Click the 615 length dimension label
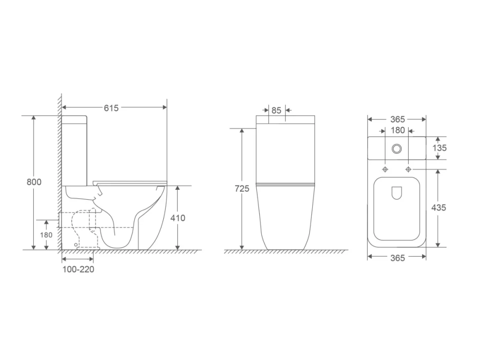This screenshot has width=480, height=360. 111,108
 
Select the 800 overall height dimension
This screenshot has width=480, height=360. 34,182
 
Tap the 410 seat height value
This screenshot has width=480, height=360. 178,218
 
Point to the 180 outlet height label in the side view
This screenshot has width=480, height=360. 46,235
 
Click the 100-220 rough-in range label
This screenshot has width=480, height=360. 78,270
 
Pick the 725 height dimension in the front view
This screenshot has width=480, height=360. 242,189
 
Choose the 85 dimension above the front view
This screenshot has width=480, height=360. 276,110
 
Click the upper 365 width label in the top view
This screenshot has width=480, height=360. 398,119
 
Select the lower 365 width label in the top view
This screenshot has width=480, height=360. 398,258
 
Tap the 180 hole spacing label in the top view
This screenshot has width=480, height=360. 398,131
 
